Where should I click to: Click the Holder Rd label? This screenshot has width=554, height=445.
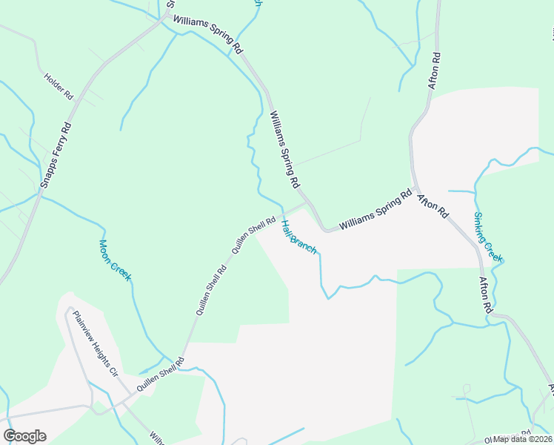pyautogui.click(x=59, y=86)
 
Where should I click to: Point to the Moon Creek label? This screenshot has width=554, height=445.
pyautogui.click(x=115, y=260)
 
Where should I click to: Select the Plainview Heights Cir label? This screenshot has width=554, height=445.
pyautogui.click(x=96, y=343)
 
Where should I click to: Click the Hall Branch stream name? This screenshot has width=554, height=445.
pyautogui.click(x=298, y=235)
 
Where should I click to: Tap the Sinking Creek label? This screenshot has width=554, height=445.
pyautogui.click(x=488, y=237)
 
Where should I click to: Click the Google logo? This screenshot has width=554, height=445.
pyautogui.click(x=24, y=436)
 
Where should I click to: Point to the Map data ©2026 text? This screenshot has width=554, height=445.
pyautogui.click(x=522, y=439)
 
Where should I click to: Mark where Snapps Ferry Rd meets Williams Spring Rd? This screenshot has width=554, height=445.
pyautogui.click(x=164, y=18)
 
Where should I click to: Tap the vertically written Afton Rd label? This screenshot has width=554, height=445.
pyautogui.click(x=435, y=71)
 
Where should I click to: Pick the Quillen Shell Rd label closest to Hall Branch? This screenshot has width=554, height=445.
pyautogui.click(x=254, y=235)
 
